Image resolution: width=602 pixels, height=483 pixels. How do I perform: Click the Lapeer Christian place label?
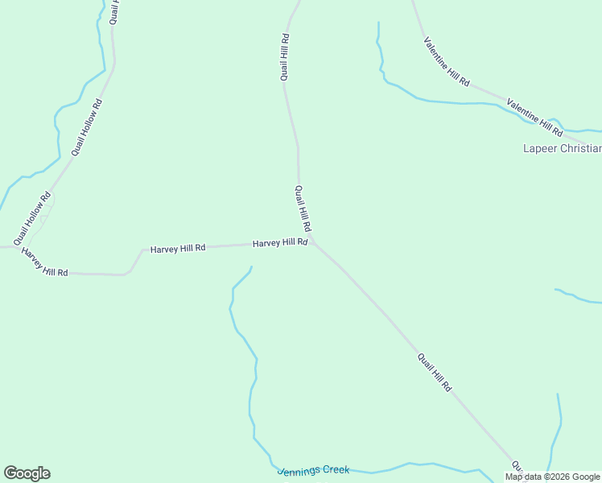tap(562, 148)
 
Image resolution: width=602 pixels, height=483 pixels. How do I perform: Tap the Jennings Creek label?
tap(313, 469)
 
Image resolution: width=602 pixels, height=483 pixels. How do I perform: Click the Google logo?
tap(27, 473)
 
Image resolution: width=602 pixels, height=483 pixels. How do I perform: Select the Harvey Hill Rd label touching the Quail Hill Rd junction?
tap(280, 242)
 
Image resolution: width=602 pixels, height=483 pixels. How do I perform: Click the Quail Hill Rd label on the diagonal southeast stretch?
tap(435, 373)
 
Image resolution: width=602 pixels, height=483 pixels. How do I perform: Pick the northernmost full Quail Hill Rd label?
tap(285, 57)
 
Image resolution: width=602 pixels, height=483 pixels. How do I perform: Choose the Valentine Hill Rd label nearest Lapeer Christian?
tap(534, 116)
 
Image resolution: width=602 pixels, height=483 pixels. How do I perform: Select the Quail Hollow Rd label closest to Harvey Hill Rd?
tap(32, 218)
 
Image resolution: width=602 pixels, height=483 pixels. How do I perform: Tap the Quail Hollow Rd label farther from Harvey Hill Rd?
tap(87, 126)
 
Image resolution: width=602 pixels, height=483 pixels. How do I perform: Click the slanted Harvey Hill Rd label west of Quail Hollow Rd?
tap(44, 262)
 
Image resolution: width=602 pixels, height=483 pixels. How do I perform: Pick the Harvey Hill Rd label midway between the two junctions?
tap(178, 249)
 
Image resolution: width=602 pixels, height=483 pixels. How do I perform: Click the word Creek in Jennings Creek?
tap(334, 469)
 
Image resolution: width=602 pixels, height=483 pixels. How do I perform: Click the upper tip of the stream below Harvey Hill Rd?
tap(252, 267)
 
